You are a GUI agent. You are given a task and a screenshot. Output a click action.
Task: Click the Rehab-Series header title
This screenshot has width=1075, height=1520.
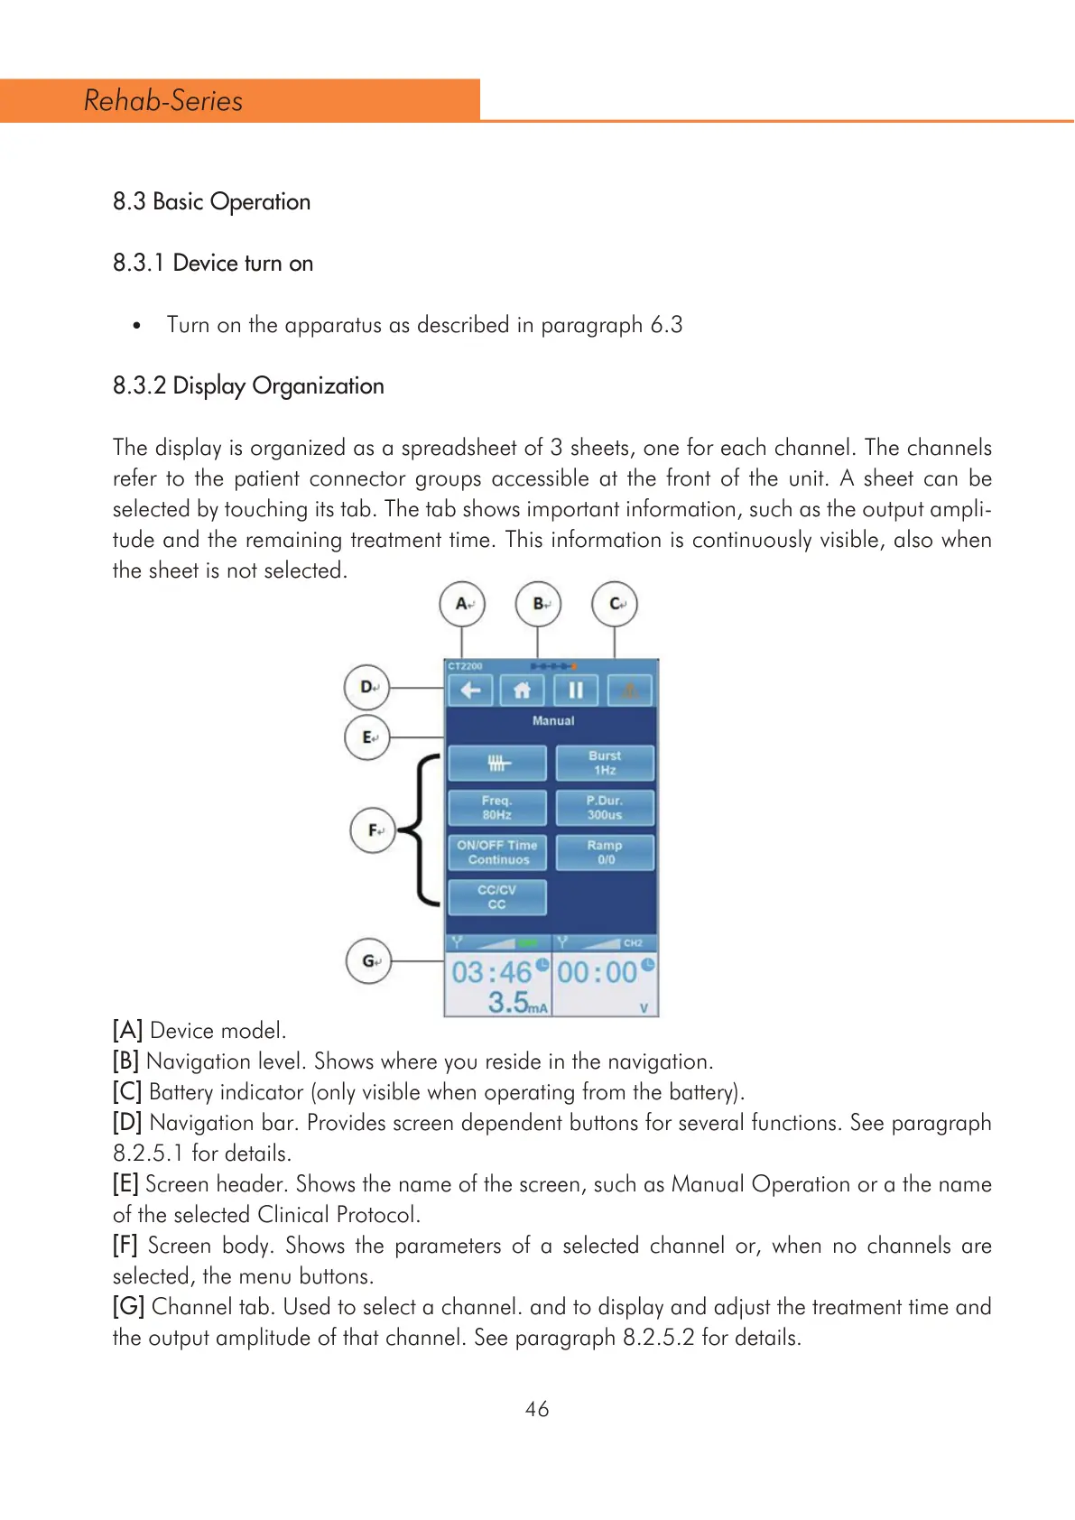coord(163,100)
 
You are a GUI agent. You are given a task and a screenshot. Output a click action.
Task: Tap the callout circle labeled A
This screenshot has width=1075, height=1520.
coord(462,604)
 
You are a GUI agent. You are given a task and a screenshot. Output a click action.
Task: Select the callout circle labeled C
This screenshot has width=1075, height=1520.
coord(615,604)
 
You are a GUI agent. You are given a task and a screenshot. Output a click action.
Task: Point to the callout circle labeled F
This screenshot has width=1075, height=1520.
coord(373,830)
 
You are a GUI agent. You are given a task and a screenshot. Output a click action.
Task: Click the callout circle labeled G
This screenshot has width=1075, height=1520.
coord(369,960)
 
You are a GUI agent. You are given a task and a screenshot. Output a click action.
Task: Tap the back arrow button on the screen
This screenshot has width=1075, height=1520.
coord(470,690)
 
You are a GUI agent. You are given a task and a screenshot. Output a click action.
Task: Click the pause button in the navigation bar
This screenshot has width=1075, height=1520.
coord(575,690)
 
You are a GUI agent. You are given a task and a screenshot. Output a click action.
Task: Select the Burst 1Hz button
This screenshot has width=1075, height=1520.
coord(605,763)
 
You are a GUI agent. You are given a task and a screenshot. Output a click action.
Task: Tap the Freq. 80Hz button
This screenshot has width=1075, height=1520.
coord(497,807)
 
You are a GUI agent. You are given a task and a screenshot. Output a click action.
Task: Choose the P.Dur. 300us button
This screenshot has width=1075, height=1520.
coord(605,807)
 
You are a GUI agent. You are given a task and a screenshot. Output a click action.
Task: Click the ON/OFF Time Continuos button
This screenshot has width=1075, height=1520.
coord(497,852)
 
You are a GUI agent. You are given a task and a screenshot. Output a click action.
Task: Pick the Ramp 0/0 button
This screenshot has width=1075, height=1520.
coord(605,852)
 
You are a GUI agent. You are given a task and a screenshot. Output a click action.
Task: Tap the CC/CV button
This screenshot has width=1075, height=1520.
coord(497,896)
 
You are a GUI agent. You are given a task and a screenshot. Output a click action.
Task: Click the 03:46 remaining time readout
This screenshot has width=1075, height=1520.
coord(492,972)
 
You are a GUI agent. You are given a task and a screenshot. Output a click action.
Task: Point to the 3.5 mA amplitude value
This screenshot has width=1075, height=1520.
coord(510,1001)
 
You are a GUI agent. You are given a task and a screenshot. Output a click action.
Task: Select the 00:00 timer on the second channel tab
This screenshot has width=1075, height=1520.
coord(598,972)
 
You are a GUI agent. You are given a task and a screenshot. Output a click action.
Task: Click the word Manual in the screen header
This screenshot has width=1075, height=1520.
coord(552,721)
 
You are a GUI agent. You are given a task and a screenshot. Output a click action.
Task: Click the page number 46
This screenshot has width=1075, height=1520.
coord(537,1409)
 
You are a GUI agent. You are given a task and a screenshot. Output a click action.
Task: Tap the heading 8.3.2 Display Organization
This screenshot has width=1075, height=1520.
coord(248,385)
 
